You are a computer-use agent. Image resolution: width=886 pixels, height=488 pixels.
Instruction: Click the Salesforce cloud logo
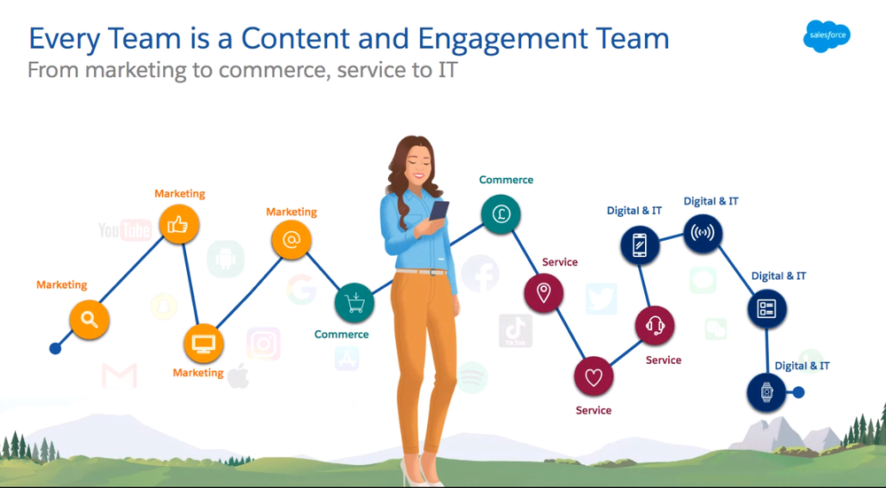(x=827, y=35)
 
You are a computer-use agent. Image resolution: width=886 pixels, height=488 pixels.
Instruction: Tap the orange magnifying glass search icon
(x=89, y=320)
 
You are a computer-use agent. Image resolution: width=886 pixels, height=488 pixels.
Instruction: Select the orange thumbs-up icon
(x=178, y=225)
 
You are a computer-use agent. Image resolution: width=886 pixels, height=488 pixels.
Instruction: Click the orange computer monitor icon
(x=204, y=344)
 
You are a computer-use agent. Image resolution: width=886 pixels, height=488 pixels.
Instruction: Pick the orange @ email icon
(x=291, y=240)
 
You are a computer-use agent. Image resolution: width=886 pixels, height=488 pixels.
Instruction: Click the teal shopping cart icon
(x=354, y=304)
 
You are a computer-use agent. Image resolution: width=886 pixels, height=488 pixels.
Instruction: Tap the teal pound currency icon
(x=501, y=214)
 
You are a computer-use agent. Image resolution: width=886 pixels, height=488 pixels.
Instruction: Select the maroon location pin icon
(x=544, y=293)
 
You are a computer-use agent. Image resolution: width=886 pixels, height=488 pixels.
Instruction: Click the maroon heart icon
(x=594, y=377)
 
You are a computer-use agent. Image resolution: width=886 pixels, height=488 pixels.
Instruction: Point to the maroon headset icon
(x=655, y=326)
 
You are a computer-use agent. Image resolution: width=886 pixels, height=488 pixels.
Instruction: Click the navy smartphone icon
(x=640, y=245)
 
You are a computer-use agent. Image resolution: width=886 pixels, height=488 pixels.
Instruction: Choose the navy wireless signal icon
(x=703, y=234)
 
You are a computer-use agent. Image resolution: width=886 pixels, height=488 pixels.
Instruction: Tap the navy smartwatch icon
(x=767, y=392)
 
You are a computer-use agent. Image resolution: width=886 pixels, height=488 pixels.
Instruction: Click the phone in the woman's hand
(x=439, y=213)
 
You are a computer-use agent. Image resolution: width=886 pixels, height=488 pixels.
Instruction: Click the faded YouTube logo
(x=124, y=231)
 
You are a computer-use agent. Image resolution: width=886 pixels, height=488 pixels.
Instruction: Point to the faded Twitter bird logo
(x=602, y=299)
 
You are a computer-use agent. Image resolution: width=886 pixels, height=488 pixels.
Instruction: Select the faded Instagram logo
(x=263, y=344)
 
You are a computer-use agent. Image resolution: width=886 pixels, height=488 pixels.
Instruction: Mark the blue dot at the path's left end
(x=55, y=349)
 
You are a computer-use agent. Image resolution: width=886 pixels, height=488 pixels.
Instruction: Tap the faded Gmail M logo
(x=119, y=376)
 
